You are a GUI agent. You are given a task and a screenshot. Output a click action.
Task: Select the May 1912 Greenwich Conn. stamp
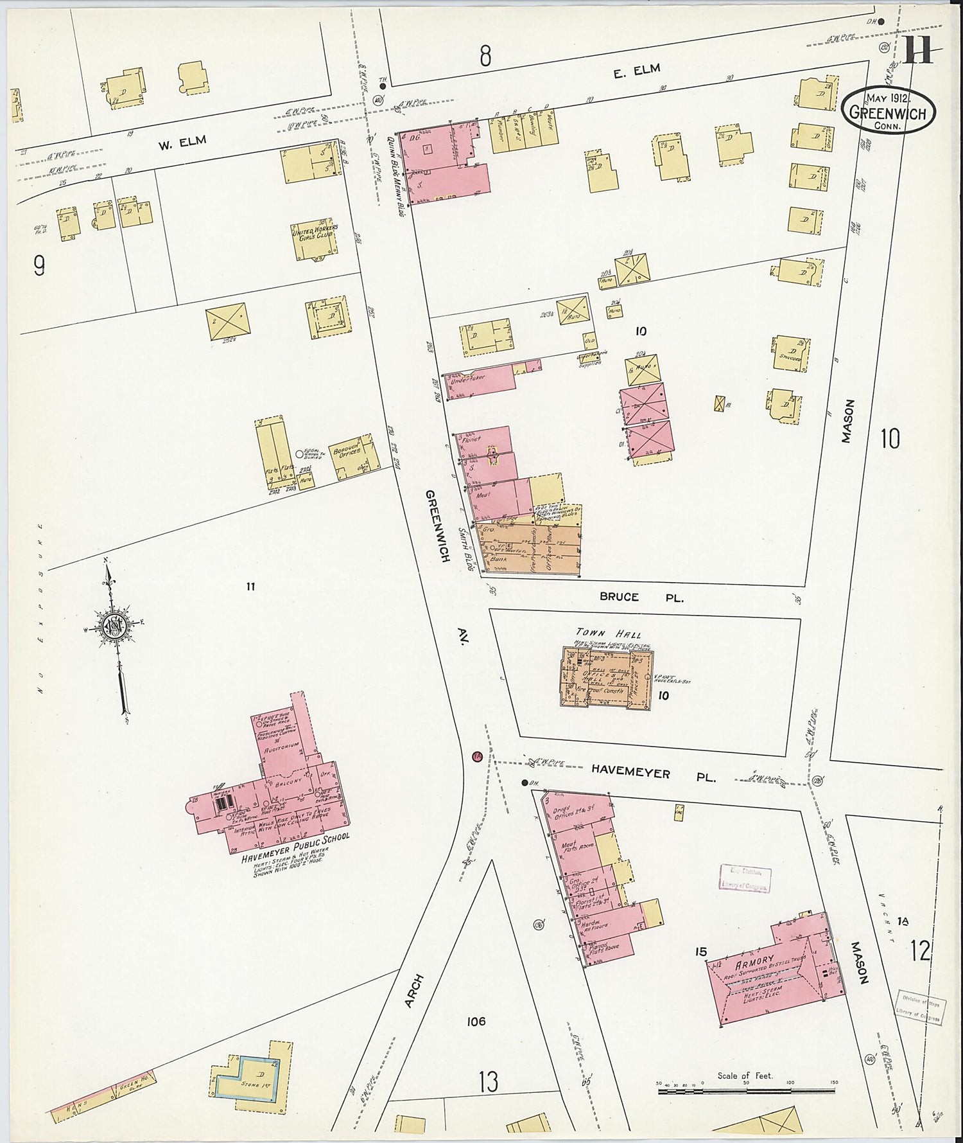pyautogui.click(x=889, y=111)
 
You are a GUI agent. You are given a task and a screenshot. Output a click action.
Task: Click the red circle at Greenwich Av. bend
pyautogui.click(x=476, y=757)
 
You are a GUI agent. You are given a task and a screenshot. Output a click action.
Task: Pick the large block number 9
pyautogui.click(x=40, y=265)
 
